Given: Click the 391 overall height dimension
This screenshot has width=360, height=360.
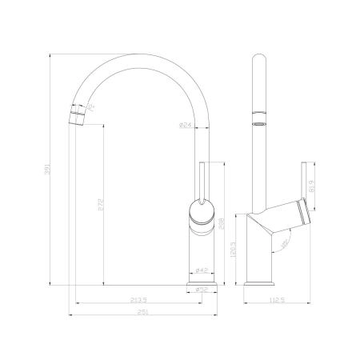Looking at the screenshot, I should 54,170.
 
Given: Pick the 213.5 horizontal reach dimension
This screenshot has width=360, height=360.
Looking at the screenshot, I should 142,301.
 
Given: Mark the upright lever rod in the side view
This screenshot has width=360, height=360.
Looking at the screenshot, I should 303,180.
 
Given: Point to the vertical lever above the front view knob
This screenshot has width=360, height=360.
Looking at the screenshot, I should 202,180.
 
